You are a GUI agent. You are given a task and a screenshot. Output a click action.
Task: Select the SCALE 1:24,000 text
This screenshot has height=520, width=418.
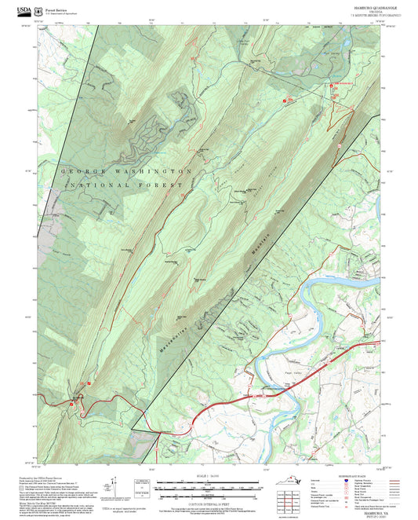tap(208, 476)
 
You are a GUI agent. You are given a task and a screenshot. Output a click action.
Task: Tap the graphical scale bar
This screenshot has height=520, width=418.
tap(208, 486)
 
